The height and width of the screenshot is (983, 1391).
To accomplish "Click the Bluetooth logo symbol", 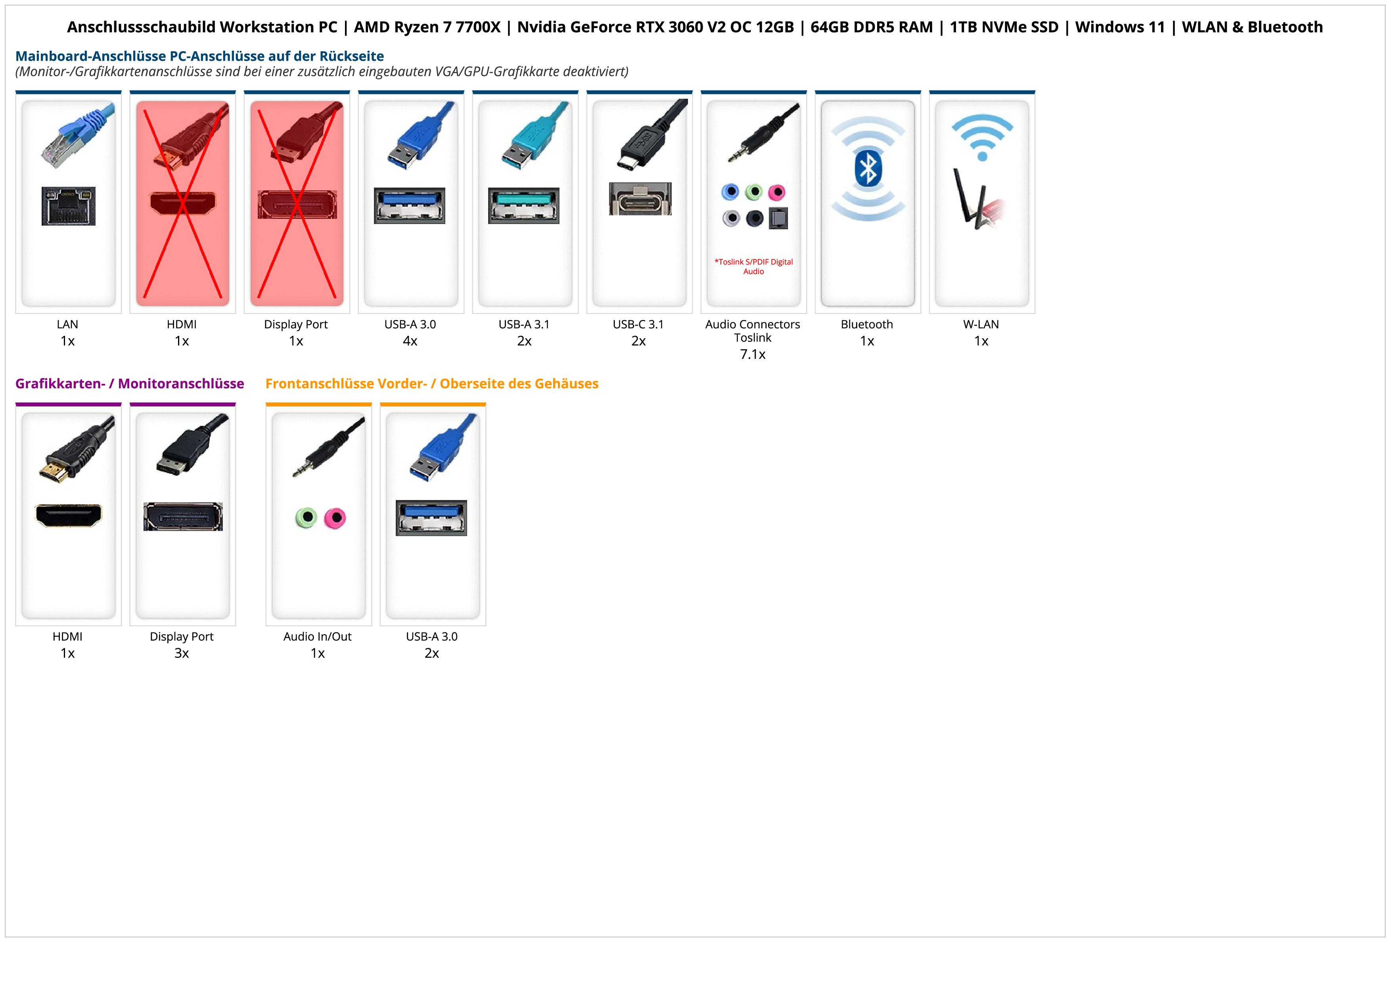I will (868, 169).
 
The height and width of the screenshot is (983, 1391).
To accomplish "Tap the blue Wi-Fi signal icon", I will (982, 138).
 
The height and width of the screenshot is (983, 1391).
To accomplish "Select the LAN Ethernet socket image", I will (69, 206).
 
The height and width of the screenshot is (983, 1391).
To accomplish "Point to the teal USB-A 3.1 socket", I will (523, 206).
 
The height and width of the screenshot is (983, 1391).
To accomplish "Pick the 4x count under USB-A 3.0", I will (410, 341).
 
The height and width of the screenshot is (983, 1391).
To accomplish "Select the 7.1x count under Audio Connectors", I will (753, 354).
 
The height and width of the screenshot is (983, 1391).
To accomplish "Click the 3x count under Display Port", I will (182, 653).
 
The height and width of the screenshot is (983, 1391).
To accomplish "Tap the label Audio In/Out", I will (318, 636).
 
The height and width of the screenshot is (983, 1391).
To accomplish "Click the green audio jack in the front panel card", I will (307, 518).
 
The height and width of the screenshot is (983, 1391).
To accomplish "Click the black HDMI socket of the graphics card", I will (69, 515).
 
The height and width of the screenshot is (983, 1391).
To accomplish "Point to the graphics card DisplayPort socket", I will (183, 517).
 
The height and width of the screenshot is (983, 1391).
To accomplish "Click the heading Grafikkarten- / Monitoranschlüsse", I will (130, 383).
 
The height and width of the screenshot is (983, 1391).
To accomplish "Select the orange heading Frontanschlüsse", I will (431, 383).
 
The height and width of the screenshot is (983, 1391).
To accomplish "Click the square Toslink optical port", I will (778, 218).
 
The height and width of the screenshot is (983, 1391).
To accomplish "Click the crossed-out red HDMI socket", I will (182, 203).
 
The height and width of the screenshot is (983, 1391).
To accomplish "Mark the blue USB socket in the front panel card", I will (431, 518).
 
